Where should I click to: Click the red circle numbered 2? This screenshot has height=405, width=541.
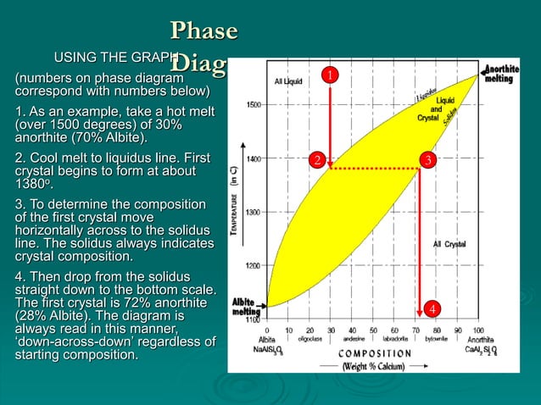coord(315,159)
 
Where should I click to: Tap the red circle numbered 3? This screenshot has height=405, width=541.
coord(429,159)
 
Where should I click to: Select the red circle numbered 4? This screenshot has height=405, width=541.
coord(432,309)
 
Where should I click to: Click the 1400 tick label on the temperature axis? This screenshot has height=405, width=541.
coord(253,158)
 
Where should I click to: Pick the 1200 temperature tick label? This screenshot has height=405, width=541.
coord(253,265)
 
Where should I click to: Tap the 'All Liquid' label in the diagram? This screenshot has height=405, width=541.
coord(288,81)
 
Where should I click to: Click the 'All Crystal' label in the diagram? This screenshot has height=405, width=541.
coord(449,244)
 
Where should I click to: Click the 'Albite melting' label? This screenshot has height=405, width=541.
coord(247,307)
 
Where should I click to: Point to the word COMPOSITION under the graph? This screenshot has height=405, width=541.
coord(376,352)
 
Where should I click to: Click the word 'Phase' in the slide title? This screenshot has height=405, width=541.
coord(204,31)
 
